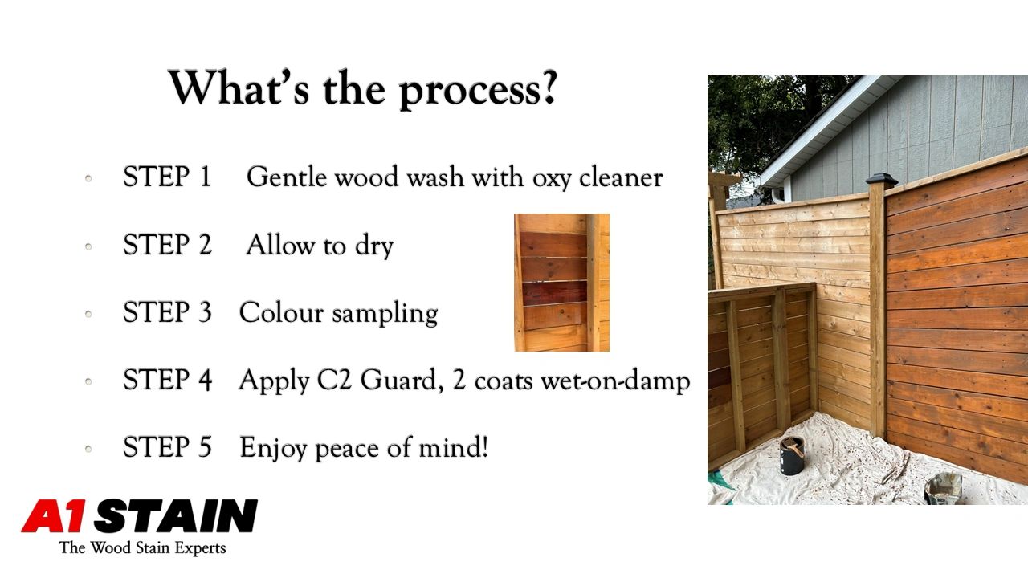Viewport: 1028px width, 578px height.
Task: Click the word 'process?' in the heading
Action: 478,89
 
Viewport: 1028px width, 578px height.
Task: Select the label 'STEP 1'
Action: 168,177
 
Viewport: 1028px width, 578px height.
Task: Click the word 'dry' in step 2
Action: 374,246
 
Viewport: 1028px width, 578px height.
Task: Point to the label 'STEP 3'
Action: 168,312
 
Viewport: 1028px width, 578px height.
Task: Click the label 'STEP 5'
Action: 168,447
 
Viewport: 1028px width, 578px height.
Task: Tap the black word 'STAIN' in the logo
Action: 176,516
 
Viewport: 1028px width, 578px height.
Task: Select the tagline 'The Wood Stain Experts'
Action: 142,547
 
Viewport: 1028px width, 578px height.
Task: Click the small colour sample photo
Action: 561,283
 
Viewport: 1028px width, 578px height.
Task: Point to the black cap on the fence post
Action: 881,181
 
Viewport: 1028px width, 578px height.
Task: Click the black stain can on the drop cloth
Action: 792,455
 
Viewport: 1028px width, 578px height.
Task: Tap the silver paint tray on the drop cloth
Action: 943,488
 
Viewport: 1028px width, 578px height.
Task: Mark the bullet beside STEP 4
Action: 88,381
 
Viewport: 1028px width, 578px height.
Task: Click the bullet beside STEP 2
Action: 88,246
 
